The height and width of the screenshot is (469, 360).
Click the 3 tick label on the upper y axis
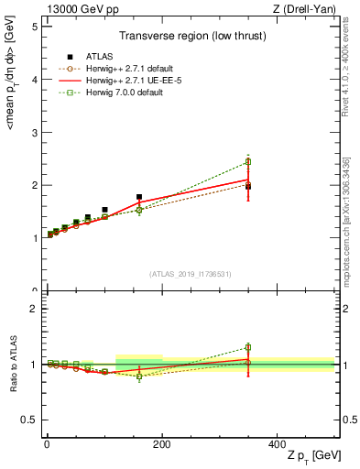pos(33,132)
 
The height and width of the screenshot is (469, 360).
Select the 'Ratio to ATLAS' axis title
pos(12,364)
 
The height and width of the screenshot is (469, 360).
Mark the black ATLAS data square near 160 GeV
pos(139,197)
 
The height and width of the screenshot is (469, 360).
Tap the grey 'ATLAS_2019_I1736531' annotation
pos(190,274)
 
